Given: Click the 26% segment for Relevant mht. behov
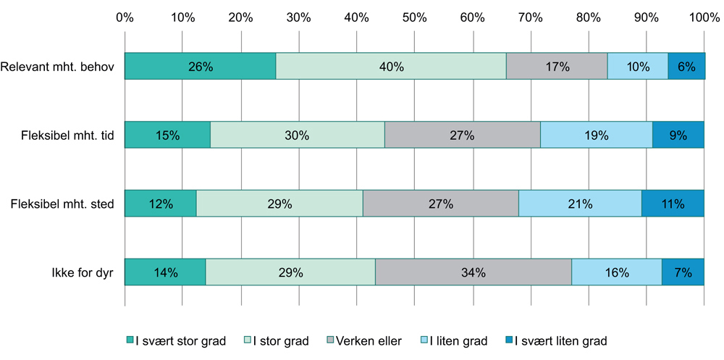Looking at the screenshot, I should pyautogui.click(x=200, y=67).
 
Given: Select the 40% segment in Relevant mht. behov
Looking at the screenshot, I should pyautogui.click(x=391, y=67).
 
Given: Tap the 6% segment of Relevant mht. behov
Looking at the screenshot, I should pyautogui.click(x=686, y=67).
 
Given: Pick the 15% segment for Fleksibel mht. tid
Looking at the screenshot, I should pyautogui.click(x=167, y=135).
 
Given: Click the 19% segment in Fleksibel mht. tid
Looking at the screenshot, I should pyautogui.click(x=596, y=135).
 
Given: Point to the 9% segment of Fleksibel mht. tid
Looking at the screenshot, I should pyautogui.click(x=678, y=135).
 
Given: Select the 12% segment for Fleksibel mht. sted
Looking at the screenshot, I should pyautogui.click(x=160, y=204).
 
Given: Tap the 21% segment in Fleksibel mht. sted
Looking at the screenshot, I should pyautogui.click(x=580, y=204).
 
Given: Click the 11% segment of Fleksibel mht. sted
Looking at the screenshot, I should pyautogui.click(x=673, y=204).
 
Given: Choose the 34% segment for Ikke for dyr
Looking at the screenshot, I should pyautogui.click(x=473, y=272).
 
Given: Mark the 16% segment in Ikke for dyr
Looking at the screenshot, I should pyautogui.click(x=616, y=272).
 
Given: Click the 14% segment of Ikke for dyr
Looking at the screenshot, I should pyautogui.click(x=165, y=272).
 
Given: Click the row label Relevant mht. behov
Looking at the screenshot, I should pyautogui.click(x=57, y=67).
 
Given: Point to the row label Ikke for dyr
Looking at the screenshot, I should pyautogui.click(x=80, y=272).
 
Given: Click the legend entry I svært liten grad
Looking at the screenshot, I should pyautogui.click(x=554, y=340).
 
